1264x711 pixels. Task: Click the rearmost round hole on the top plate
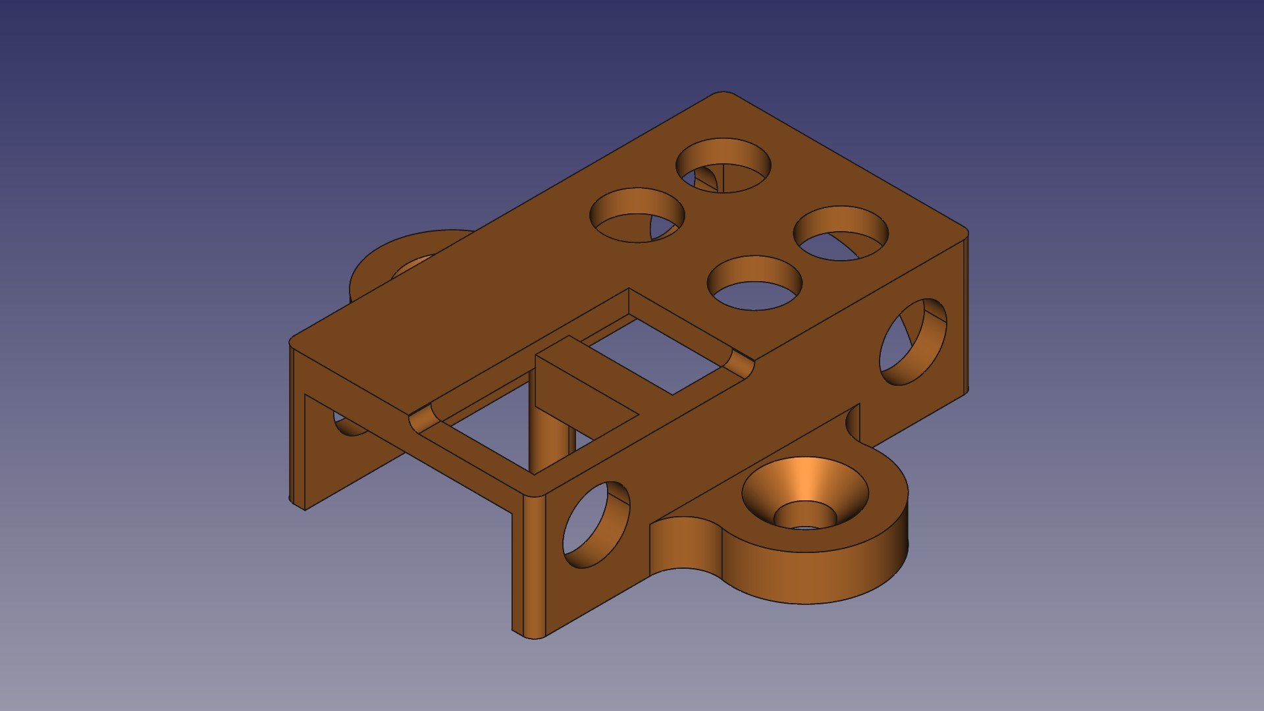tap(724, 165)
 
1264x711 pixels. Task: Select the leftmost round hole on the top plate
tap(637, 215)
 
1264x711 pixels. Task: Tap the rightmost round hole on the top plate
tap(841, 234)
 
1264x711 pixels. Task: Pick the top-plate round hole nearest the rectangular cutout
tap(754, 284)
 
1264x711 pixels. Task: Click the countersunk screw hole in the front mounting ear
tap(804, 494)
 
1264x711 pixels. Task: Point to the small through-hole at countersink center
tap(804, 526)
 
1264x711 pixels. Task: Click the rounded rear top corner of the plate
tap(724, 96)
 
